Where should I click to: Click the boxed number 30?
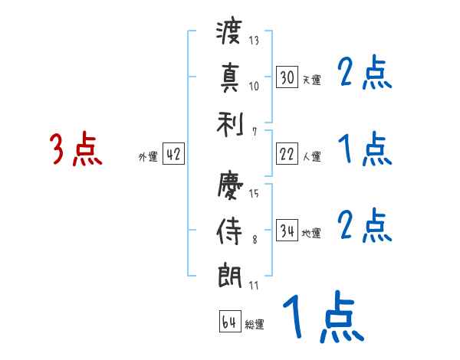tap(287, 77)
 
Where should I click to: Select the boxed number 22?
tap(287, 154)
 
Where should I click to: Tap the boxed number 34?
tap(287, 231)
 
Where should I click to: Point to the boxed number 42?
tap(173, 154)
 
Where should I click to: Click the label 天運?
tap(311, 80)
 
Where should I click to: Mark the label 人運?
tap(311, 156)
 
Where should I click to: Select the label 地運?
tap(311, 233)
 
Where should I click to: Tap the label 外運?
tap(148, 156)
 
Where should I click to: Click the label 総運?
tap(255, 324)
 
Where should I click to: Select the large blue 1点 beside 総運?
tap(322, 318)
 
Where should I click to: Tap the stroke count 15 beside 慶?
tap(254, 193)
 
